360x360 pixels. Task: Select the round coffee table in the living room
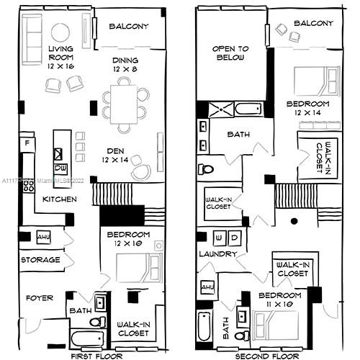[60, 32]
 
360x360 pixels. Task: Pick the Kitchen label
[59, 199]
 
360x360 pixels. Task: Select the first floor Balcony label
[129, 27]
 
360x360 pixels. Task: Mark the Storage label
[40, 260]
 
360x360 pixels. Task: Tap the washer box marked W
[220, 238]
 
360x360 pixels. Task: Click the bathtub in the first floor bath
[87, 338]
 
